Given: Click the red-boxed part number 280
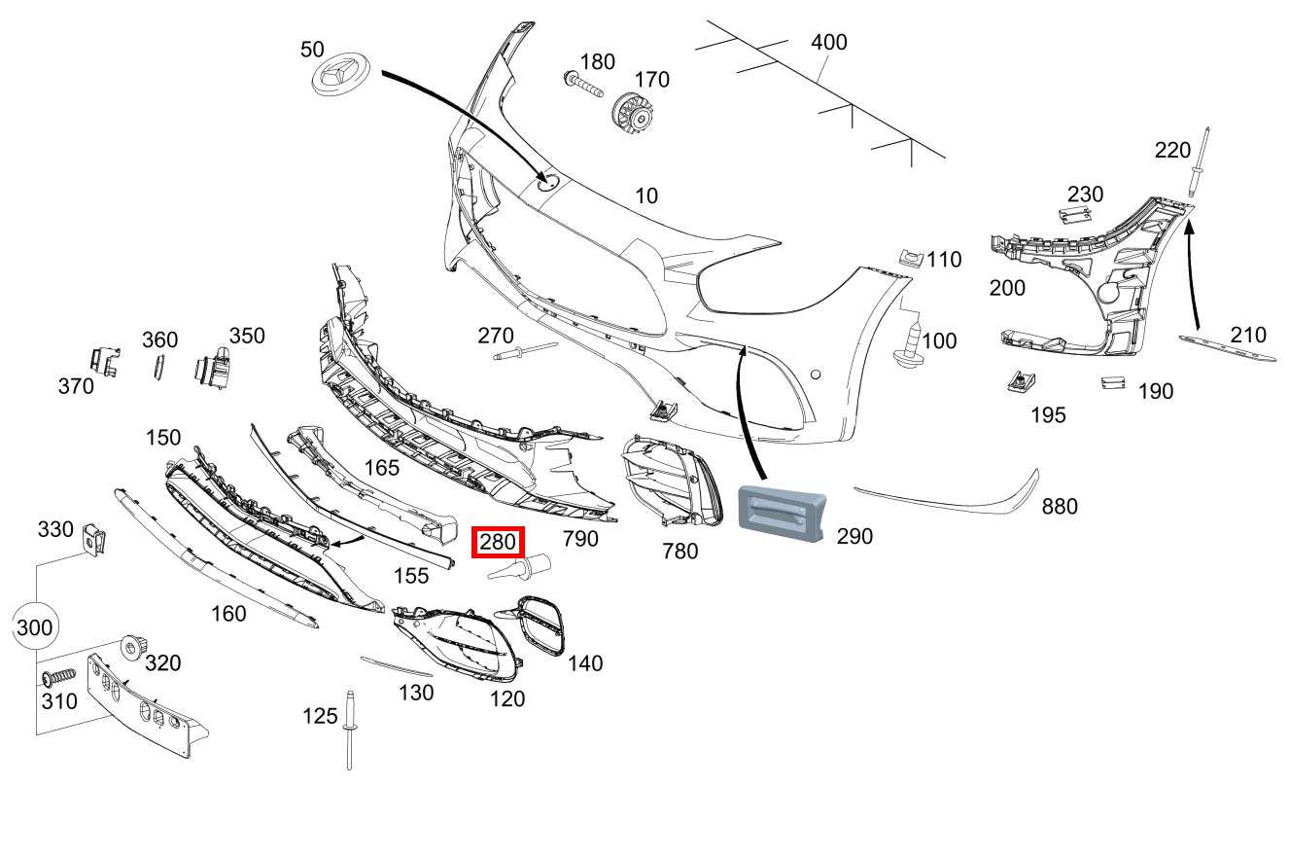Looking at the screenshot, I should [x=498, y=543].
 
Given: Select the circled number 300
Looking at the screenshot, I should [x=35, y=627].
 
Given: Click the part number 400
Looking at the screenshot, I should [x=829, y=43].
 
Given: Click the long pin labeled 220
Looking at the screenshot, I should [x=1200, y=169].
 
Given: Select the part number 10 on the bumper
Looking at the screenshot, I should [x=645, y=196].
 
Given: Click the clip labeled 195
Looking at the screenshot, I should [x=1020, y=380].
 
